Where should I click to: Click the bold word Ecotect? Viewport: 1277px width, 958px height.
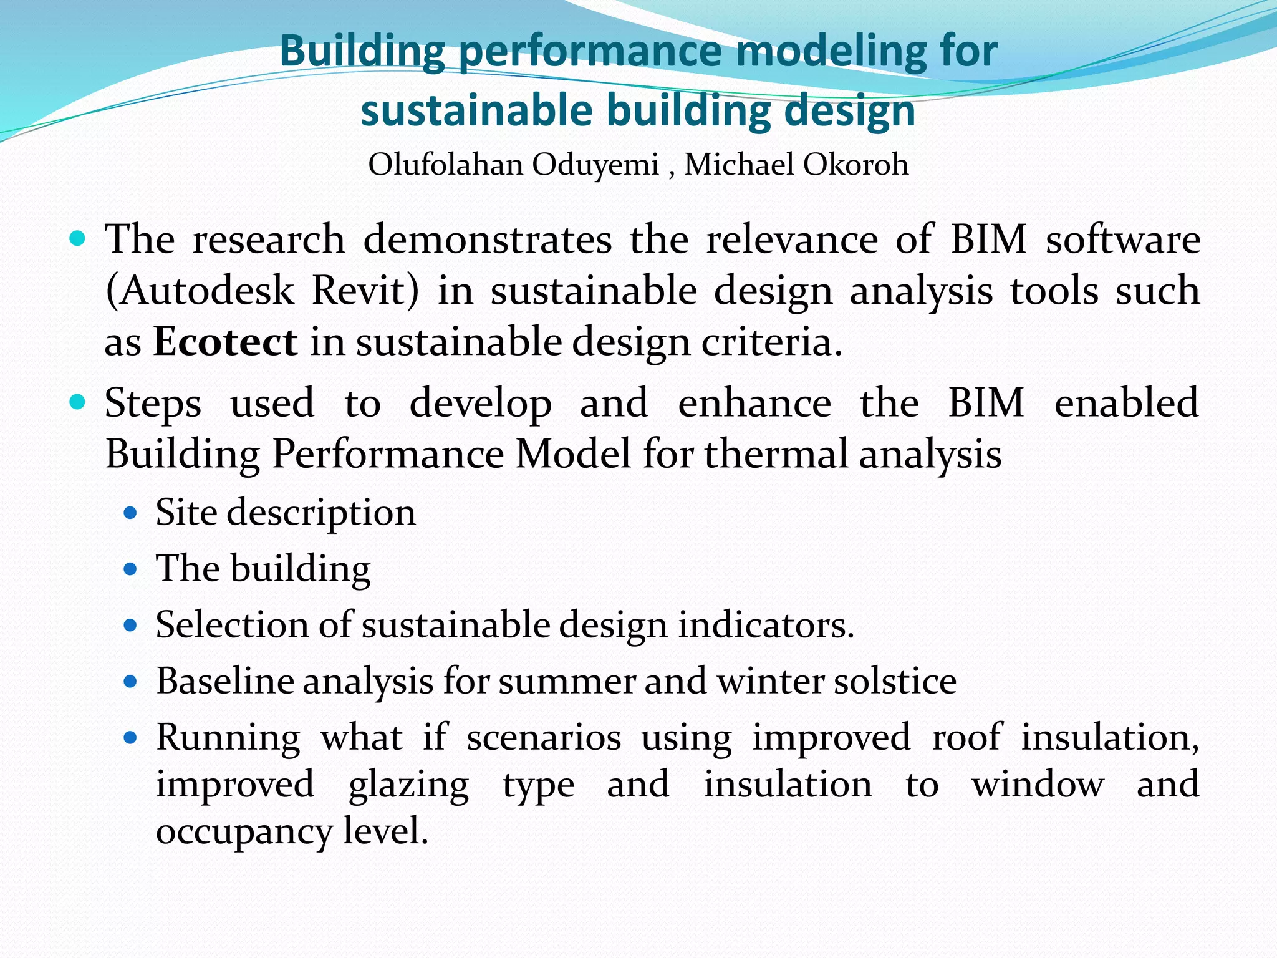225,342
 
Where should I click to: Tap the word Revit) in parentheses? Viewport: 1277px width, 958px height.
365,291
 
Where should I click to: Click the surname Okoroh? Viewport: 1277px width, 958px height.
855,165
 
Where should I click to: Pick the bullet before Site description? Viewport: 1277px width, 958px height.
130,513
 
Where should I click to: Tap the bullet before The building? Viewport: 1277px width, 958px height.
130,569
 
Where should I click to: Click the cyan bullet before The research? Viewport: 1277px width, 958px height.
77,239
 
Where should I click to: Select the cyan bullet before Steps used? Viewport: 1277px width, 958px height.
77,402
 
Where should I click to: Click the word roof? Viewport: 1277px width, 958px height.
966,737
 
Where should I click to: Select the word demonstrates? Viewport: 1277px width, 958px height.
488,239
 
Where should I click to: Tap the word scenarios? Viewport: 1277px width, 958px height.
544,737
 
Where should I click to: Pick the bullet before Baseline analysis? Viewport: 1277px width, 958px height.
130,682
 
